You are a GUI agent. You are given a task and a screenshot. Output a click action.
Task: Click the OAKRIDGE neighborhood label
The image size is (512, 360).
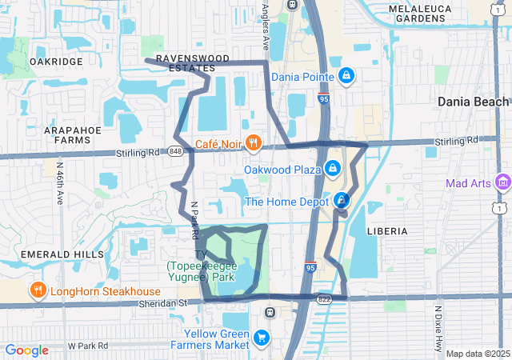tap(55, 61)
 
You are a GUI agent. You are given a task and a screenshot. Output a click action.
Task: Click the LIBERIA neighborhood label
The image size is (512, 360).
tap(387, 230)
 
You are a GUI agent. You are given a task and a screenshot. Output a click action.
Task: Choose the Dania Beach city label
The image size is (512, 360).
tap(473, 102)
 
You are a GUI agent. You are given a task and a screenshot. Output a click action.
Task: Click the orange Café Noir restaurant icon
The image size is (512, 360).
tap(254, 142)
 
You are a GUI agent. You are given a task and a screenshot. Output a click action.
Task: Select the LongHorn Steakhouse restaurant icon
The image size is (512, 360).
tap(37, 291)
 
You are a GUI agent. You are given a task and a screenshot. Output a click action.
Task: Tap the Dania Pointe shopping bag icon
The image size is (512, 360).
tap(346, 77)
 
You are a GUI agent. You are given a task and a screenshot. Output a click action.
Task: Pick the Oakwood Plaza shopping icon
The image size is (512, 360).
tap(332, 169)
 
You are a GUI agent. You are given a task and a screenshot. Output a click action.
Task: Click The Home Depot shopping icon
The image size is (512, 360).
tap(342, 201)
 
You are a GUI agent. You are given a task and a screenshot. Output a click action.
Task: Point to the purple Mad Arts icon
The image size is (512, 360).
tap(502, 183)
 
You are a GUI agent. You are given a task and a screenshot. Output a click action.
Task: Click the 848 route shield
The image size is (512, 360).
tap(175, 151)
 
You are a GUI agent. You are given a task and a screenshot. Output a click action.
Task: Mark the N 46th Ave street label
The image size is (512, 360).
tap(60, 183)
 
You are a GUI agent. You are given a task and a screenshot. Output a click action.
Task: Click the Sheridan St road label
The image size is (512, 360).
tap(160, 303)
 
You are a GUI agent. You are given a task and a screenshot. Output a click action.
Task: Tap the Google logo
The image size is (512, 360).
tap(26, 350)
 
